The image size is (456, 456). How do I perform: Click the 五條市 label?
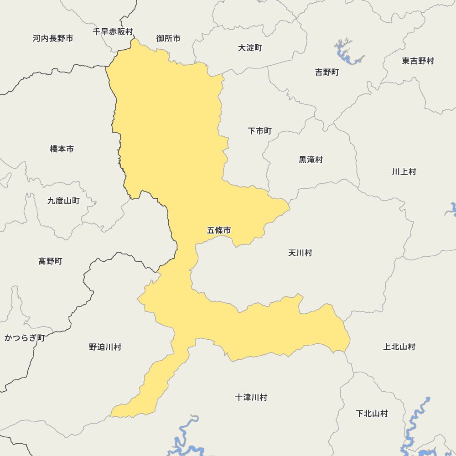219,230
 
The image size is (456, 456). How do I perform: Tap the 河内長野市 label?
53,38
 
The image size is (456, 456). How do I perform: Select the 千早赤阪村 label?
113,31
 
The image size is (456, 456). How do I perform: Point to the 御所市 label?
168,38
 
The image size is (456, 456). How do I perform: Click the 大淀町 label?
250,48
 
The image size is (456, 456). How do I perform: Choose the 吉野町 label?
327,72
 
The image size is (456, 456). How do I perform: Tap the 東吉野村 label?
418,61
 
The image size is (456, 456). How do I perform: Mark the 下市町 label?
259,131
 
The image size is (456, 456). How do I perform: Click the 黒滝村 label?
311,160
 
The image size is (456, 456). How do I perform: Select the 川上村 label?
404,171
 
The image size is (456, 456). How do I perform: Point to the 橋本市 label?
62,149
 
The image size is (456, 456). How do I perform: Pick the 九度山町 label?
63,201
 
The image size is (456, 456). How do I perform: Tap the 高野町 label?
50,261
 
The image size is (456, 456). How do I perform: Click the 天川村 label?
300,253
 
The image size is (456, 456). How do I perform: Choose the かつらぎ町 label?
25,338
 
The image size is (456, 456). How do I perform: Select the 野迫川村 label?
105,347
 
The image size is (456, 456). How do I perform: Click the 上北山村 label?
399,347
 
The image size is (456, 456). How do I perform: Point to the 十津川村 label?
251,397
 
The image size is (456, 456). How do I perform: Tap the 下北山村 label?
372,414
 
